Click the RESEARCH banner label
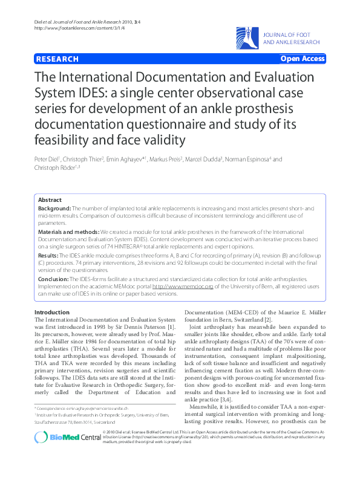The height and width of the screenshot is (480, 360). (57, 59)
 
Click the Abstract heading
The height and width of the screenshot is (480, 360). (50, 199)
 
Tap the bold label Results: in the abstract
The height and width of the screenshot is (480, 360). (49, 256)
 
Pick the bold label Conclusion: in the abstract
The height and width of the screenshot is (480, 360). (53, 279)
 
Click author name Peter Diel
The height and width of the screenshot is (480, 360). (48, 159)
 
